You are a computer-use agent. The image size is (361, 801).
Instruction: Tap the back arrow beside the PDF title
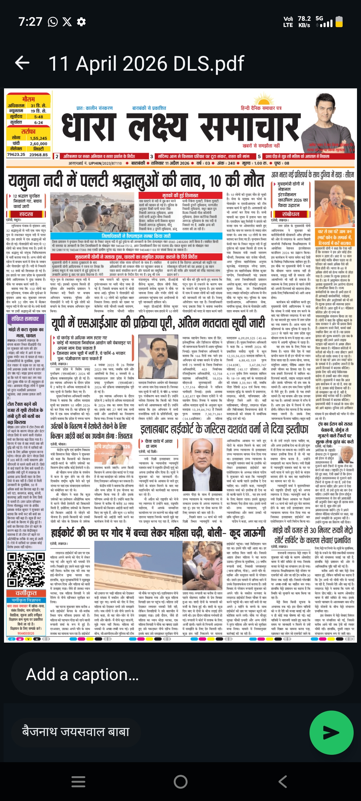(22, 63)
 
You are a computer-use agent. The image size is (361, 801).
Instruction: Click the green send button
(331, 732)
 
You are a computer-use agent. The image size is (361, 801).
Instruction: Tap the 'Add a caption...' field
(180, 674)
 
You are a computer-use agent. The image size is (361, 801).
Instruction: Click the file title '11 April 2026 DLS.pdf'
(146, 63)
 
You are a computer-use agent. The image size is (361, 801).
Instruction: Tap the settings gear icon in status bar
(81, 22)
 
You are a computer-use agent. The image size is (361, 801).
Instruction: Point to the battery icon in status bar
(339, 22)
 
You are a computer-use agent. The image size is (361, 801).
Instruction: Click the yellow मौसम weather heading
(28, 99)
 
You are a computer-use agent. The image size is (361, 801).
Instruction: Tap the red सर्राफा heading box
(28, 131)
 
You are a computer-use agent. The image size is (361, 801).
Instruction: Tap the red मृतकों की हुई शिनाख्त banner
(180, 195)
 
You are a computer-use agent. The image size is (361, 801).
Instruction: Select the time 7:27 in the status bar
(30, 22)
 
